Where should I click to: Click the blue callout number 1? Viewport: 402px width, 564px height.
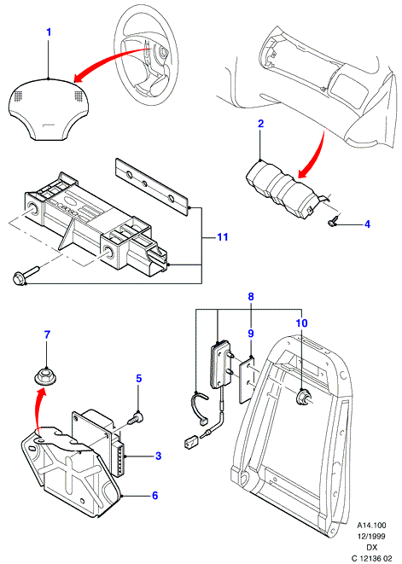tap(49, 32)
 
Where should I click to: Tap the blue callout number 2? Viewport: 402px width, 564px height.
tap(260, 124)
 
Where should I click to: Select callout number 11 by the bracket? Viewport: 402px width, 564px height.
tap(223, 237)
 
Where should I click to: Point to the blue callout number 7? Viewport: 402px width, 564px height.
tap(47, 334)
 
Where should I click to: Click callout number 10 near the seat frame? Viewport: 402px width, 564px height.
tap(301, 323)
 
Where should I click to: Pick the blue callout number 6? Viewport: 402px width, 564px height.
tap(154, 495)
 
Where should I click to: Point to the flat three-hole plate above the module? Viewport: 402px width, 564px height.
tap(152, 187)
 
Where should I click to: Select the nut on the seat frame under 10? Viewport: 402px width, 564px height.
tap(301, 398)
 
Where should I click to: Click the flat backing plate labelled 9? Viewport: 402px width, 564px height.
tap(248, 379)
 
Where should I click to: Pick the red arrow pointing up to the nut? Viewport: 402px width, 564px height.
tap(38, 410)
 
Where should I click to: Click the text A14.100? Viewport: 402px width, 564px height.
tap(370, 526)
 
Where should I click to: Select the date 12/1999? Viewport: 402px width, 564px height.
tap(371, 537)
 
